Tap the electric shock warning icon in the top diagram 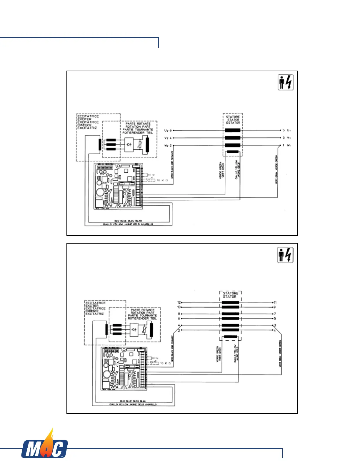(286, 83)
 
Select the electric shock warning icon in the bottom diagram (285, 255)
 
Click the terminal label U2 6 (168, 130)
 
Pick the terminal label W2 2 (168, 145)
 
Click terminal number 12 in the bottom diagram (179, 302)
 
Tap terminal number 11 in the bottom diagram (275, 302)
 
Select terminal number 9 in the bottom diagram (275, 307)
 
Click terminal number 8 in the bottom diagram (179, 314)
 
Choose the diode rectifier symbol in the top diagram (129, 144)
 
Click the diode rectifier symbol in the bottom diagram (134, 329)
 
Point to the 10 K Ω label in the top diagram (162, 180)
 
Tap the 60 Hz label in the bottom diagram (156, 358)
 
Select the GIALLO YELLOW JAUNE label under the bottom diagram (133, 405)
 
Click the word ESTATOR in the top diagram (233, 123)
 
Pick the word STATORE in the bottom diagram (230, 293)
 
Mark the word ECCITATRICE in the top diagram (88, 116)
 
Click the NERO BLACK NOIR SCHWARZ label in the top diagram (172, 165)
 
